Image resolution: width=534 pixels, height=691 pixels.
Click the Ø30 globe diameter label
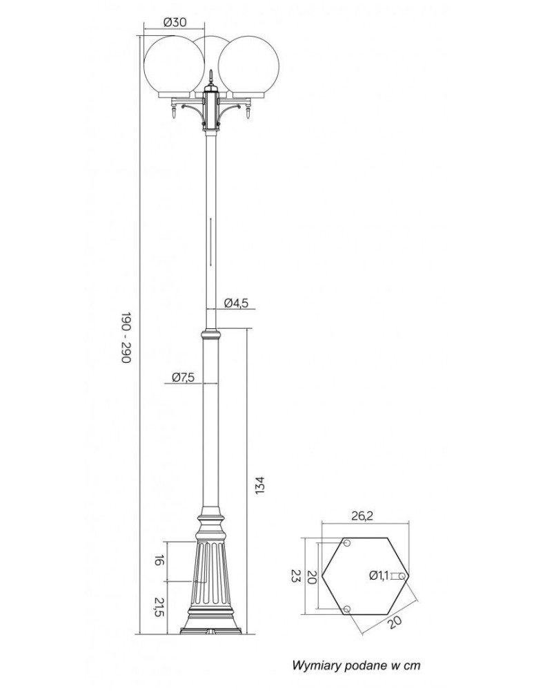click(x=175, y=23)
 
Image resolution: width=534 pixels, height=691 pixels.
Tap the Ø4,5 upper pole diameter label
click(x=237, y=303)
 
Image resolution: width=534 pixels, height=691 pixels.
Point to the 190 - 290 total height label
click(x=126, y=338)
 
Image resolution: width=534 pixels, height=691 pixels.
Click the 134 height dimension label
click(x=259, y=485)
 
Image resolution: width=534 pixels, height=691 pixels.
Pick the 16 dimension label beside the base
click(x=159, y=561)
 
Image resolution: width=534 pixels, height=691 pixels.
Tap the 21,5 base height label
click(x=159, y=607)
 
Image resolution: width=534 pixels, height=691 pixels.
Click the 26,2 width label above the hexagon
click(x=362, y=515)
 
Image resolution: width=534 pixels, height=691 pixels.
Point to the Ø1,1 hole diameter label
click(x=379, y=575)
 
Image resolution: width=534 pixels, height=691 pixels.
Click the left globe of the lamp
click(x=175, y=66)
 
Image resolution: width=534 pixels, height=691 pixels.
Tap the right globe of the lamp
click(x=248, y=66)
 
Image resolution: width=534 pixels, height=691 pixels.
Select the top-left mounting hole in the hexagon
click(x=347, y=543)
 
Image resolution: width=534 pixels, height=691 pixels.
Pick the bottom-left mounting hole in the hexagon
click(x=347, y=609)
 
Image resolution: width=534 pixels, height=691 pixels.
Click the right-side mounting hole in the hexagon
click(x=402, y=576)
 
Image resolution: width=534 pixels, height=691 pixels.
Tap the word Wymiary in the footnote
click(x=311, y=665)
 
